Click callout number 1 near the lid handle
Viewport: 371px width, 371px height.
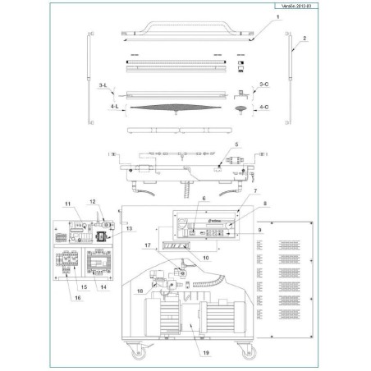pyautogui.click(x=277, y=17)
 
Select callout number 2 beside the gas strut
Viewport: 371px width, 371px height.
pyautogui.click(x=305, y=39)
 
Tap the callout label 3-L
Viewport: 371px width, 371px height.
pyautogui.click(x=103, y=85)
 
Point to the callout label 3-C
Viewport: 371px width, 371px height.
pyautogui.click(x=263, y=85)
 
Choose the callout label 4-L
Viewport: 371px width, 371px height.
pyautogui.click(x=103, y=107)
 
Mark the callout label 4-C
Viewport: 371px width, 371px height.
pyautogui.click(x=263, y=107)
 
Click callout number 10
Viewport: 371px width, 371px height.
pyautogui.click(x=205, y=258)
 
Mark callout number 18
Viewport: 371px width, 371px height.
pyautogui.click(x=140, y=290)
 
